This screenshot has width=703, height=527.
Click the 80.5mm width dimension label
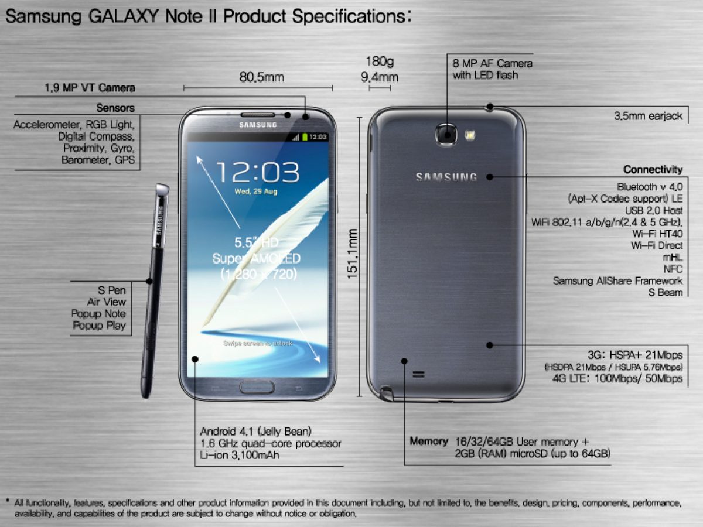261,77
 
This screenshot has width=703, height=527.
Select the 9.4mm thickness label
380,77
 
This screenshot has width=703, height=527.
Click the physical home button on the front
257,386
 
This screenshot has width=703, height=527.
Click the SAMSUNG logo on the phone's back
446,177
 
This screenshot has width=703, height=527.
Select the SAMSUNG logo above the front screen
257,124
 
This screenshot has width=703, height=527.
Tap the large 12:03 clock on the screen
257,172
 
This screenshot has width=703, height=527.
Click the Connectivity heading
653,170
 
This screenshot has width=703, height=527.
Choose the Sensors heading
115,108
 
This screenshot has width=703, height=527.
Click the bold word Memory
429,441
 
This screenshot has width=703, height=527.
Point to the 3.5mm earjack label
648,116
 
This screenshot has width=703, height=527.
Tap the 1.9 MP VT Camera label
90,88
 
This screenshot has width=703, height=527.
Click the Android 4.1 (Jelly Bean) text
256,431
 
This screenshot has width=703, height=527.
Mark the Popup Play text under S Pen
99,326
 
